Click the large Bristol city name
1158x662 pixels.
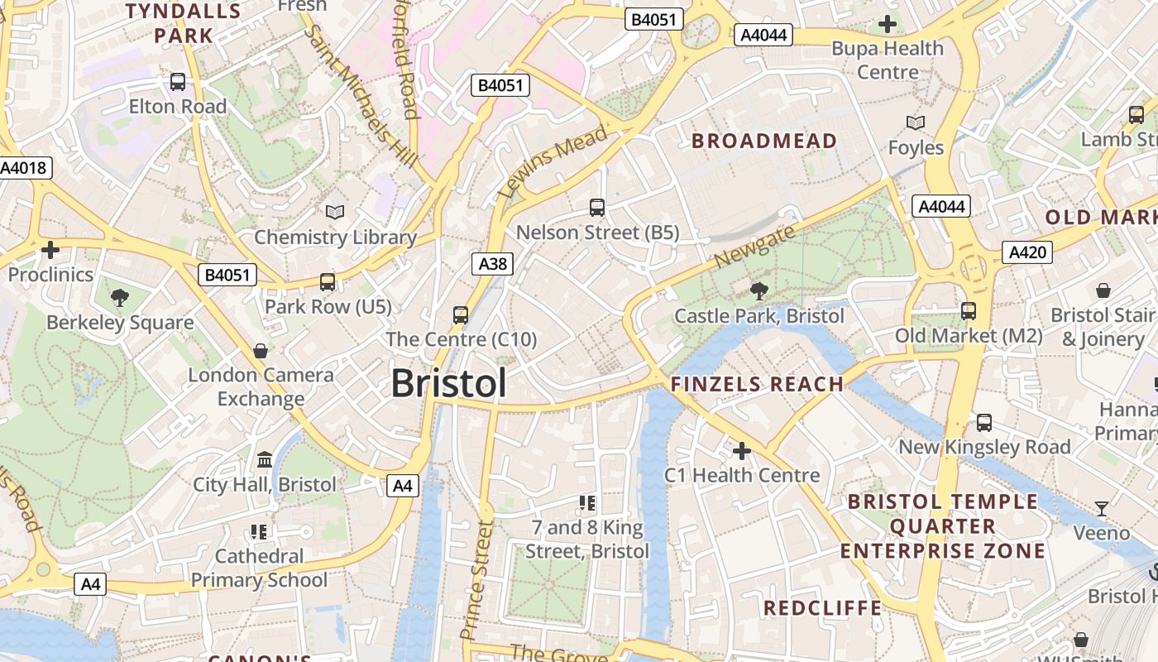click(448, 383)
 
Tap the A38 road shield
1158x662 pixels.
click(493, 264)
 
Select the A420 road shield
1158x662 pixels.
click(1026, 252)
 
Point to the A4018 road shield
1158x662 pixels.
click(25, 168)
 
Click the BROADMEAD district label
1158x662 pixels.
click(764, 142)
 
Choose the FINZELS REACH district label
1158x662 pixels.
click(756, 384)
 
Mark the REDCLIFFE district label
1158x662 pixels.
click(822, 608)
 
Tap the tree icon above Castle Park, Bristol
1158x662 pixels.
click(758, 290)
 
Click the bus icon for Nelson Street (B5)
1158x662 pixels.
click(596, 208)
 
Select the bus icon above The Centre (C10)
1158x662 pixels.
click(461, 314)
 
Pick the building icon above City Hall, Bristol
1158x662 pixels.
click(265, 459)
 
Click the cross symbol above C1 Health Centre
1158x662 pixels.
click(741, 451)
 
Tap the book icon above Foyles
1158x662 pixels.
click(915, 123)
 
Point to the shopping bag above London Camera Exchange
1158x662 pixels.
click(260, 351)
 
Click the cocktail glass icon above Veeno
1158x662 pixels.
click(1101, 508)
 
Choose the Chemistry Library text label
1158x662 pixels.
click(335, 237)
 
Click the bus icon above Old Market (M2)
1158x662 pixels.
click(968, 311)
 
